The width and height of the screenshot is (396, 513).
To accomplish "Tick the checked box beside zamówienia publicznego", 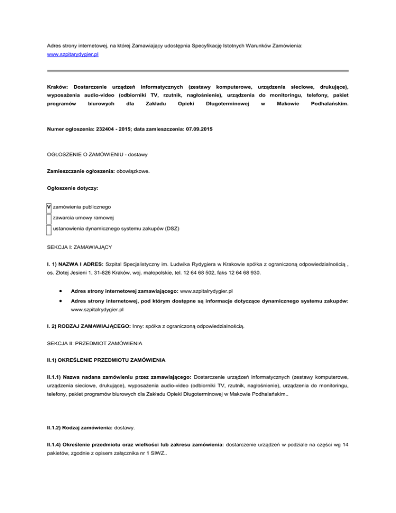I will [x=48, y=207].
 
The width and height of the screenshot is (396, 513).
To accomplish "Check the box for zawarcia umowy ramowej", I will [x=48, y=218].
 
